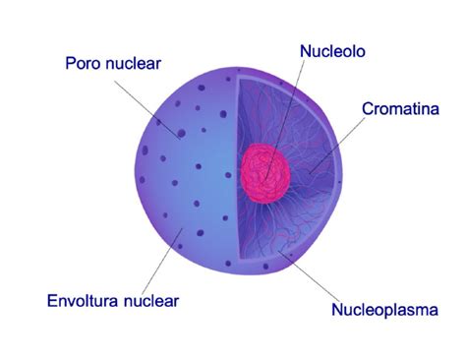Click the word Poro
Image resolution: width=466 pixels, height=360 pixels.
(x=85, y=64)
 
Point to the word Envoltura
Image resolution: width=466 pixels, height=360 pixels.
(x=85, y=300)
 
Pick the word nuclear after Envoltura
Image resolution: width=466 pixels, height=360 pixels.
(x=151, y=300)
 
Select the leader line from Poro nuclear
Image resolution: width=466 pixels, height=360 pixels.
(x=147, y=104)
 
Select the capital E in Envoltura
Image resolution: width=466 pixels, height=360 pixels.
(x=52, y=300)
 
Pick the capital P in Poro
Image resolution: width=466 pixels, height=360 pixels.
(x=71, y=64)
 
